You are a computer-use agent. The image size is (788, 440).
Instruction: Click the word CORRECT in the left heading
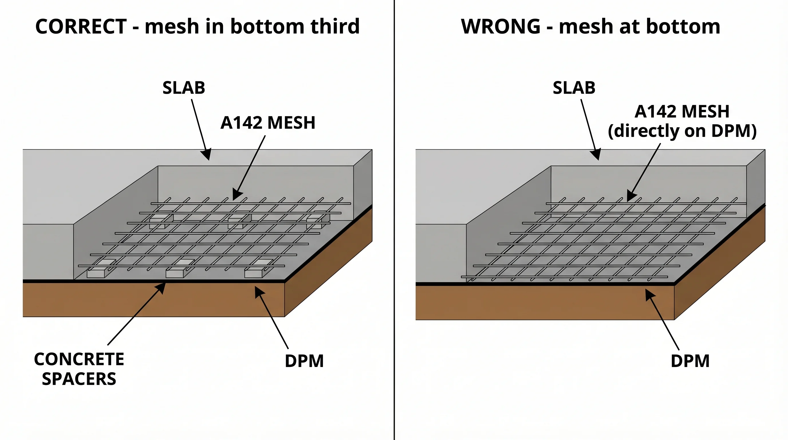tap(81, 26)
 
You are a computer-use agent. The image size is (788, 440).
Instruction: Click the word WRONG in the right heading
tap(501, 26)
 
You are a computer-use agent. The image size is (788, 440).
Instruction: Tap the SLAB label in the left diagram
tap(184, 88)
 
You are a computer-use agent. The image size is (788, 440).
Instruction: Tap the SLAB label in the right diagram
tap(574, 88)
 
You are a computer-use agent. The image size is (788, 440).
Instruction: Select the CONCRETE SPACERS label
tap(79, 369)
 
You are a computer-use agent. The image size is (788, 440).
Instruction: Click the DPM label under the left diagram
tap(304, 361)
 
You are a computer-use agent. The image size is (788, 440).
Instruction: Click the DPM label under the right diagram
tap(690, 361)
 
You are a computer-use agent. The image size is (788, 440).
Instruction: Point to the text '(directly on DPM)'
tap(682, 131)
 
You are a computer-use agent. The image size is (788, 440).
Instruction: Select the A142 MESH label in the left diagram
tap(268, 123)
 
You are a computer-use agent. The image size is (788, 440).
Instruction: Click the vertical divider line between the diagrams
tap(394, 214)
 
